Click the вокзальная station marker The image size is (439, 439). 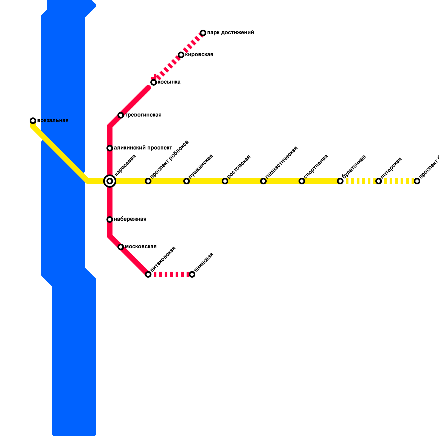click(33, 121)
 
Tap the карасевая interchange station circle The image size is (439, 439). click(110, 181)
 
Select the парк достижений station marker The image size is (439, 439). click(203, 33)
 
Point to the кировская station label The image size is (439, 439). click(199, 55)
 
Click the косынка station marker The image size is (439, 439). click(154, 82)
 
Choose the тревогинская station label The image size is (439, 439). click(143, 115)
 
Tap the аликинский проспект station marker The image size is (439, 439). click(110, 148)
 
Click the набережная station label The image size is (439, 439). click(130, 219)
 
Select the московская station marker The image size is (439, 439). click(121, 247)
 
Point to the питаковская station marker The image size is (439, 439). click(148, 274)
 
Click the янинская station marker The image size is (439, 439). click(192, 274)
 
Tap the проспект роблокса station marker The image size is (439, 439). click(148, 181)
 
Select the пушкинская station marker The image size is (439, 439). click(187, 181)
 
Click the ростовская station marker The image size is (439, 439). click(225, 181)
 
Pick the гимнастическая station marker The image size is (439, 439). click(263, 181)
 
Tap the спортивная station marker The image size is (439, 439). click(302, 181)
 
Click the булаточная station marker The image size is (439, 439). click(340, 181)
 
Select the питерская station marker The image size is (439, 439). click(379, 181)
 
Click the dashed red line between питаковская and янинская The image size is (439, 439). click(170, 274)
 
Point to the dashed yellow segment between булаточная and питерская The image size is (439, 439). click(359, 181)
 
